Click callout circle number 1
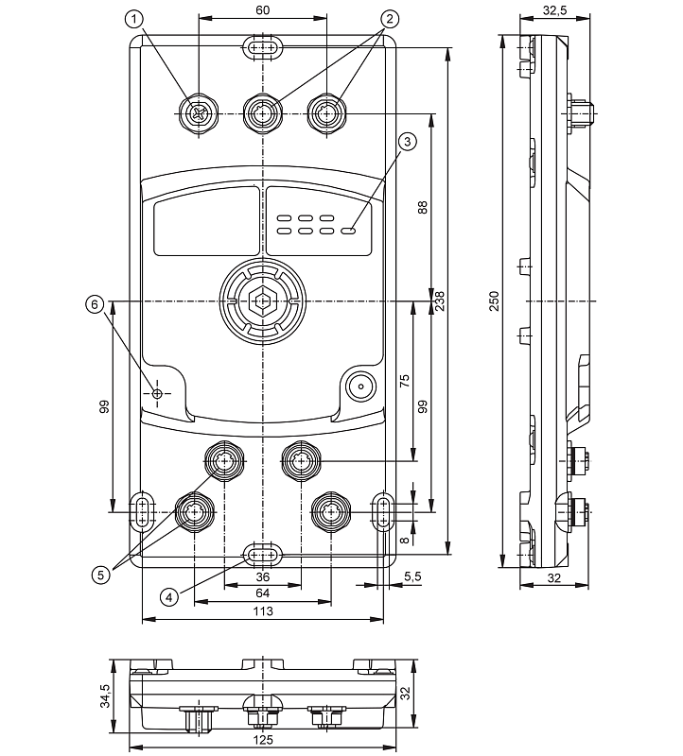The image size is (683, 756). click(137, 18)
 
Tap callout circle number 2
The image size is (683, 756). click(387, 18)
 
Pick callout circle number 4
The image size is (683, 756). click(167, 596)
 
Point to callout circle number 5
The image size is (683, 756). click(99, 573)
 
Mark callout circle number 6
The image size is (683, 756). click(94, 304)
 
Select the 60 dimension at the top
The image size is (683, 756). click(263, 10)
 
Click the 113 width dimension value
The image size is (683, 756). click(263, 612)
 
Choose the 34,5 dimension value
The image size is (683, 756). click(106, 696)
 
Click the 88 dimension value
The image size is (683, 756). click(423, 205)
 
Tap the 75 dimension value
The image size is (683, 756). click(404, 381)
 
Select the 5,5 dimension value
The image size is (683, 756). click(412, 576)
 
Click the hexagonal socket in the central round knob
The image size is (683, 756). click(263, 303)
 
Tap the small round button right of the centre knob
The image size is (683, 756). click(359, 387)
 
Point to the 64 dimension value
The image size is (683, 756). click(263, 593)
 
